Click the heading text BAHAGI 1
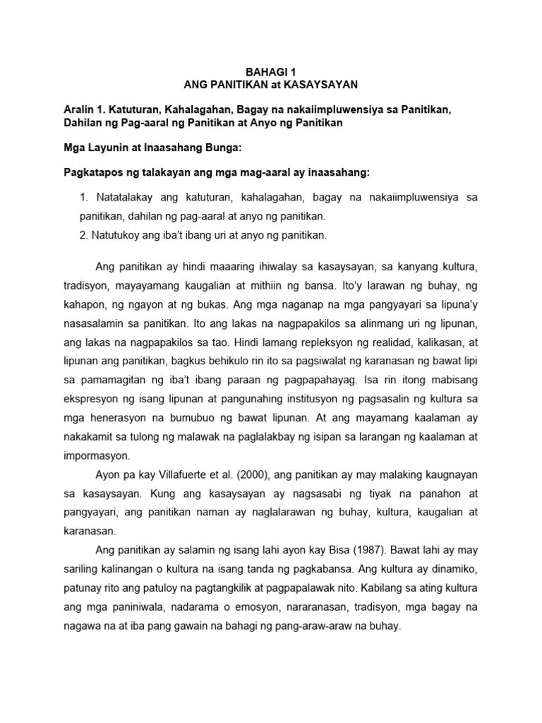[271, 71]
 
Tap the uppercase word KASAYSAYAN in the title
[321, 85]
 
